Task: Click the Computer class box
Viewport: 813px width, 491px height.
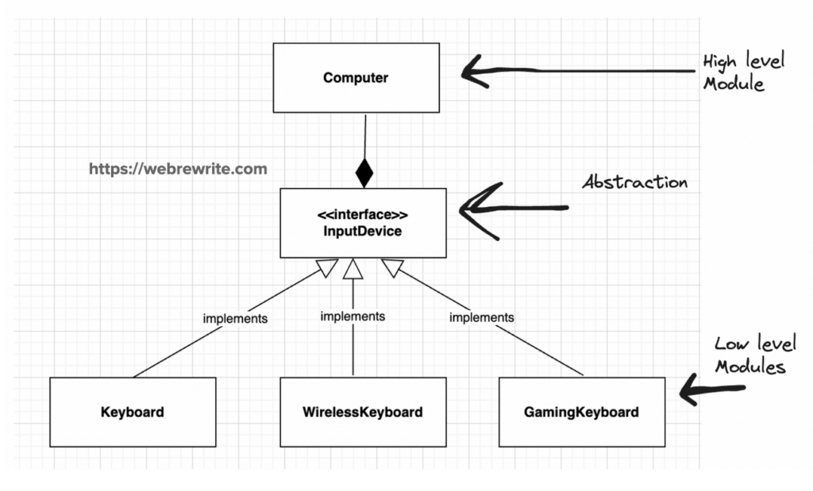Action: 356,78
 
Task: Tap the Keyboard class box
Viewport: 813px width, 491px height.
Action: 133,412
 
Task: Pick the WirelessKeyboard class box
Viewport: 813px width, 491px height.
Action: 362,412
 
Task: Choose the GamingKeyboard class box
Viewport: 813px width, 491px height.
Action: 581,412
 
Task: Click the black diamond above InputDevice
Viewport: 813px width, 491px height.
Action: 364,172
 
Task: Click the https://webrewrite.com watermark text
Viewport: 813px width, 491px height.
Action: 178,169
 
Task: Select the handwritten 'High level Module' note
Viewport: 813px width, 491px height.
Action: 742,72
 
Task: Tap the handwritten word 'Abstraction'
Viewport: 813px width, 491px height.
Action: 634,182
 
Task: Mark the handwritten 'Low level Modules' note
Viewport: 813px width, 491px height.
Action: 753,355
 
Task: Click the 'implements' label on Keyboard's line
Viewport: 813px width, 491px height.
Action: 235,319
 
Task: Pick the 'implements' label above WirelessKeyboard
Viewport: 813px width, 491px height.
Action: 353,316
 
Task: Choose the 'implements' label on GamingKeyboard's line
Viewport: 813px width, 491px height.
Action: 481,317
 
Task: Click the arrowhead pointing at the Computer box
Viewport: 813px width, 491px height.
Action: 475,71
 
